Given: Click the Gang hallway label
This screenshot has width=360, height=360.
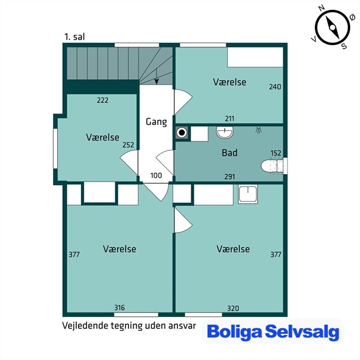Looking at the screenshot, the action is click(x=157, y=122).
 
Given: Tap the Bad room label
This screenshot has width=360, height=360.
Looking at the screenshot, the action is click(x=230, y=153).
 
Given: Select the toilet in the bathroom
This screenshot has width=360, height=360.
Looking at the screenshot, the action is click(x=272, y=166).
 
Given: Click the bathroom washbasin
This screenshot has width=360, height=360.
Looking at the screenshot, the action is click(x=225, y=132).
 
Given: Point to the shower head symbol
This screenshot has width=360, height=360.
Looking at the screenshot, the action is click(x=259, y=130).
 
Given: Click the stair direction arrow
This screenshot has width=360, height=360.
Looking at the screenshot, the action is click(x=157, y=77).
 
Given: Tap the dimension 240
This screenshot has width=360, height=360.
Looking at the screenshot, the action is click(x=275, y=86).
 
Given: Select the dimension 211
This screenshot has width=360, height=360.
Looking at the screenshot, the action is click(x=230, y=119).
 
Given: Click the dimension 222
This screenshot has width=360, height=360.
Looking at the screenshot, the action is click(x=102, y=101).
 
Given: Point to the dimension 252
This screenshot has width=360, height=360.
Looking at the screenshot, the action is click(x=128, y=145).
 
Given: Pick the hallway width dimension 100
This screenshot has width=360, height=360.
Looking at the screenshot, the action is click(x=156, y=175).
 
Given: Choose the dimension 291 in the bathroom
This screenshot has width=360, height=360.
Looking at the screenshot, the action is click(x=230, y=177).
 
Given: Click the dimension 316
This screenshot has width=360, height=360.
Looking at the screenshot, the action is click(x=119, y=308).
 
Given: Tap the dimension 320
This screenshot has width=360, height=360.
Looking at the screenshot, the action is click(x=233, y=308).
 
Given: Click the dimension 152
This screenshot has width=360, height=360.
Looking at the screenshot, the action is click(x=275, y=153).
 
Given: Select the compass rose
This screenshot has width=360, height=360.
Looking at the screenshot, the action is click(x=333, y=27).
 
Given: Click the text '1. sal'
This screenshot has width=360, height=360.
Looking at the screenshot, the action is click(x=74, y=37).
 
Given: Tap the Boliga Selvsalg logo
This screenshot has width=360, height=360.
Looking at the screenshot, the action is click(x=273, y=332).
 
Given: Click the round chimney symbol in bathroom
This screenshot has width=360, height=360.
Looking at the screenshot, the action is click(x=182, y=132).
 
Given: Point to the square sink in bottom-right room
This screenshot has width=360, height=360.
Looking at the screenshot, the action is click(x=248, y=194).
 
